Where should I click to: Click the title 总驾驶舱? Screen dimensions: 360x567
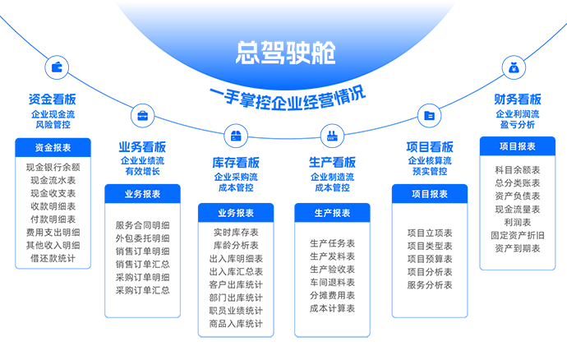coord(285,53)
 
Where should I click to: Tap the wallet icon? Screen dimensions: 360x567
coord(57,67)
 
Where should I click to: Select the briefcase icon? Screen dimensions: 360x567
coord(143,115)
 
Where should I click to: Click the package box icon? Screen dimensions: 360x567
coord(236,136)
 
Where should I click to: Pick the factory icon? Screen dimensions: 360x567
coord(331,136)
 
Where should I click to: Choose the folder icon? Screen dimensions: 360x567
coord(429,116)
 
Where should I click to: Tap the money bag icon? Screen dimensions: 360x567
coord(514,68)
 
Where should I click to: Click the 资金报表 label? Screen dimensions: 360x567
coord(53,148)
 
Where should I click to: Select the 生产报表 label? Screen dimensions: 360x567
coord(332,214)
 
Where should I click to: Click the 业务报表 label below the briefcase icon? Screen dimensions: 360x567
coord(142,195)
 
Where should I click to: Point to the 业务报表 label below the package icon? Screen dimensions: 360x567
coord(236,214)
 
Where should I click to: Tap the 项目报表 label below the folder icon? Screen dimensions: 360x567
coord(429,195)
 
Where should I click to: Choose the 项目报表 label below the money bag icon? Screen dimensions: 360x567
coord(517,147)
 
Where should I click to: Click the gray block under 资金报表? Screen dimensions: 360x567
coord(53,212)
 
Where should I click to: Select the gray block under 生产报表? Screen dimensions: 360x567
coord(332,277)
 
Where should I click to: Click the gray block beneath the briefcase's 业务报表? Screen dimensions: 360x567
coord(142,258)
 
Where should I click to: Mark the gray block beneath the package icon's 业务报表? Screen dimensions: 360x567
coord(236,279)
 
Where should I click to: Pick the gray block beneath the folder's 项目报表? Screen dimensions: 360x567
coord(429,259)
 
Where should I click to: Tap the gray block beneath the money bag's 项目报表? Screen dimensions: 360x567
coord(517,210)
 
